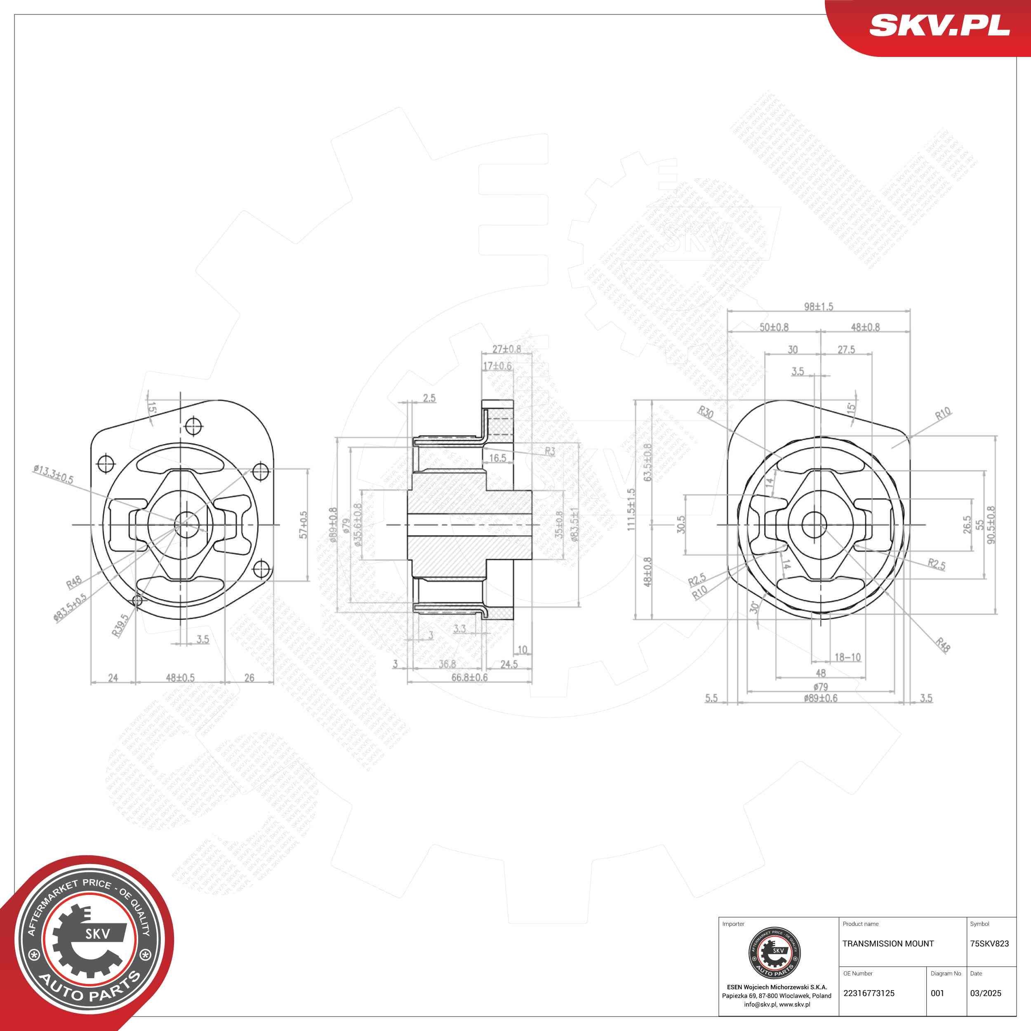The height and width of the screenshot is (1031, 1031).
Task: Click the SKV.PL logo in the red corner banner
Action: click(939, 25)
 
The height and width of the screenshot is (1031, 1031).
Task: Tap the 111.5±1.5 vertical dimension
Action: click(631, 510)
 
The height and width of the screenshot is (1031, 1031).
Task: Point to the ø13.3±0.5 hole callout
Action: click(53, 474)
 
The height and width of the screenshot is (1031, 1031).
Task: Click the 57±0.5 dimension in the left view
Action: click(304, 525)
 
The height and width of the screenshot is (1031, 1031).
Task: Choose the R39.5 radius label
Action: click(120, 624)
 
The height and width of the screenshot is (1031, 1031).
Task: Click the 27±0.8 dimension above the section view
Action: click(506, 349)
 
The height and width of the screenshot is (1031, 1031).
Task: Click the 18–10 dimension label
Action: click(847, 657)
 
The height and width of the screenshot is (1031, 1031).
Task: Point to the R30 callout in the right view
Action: click(706, 412)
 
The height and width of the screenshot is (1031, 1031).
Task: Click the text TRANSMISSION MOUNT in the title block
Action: click(887, 944)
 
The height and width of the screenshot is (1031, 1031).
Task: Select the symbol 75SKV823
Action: click(989, 944)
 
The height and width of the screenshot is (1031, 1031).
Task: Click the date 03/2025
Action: click(985, 993)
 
